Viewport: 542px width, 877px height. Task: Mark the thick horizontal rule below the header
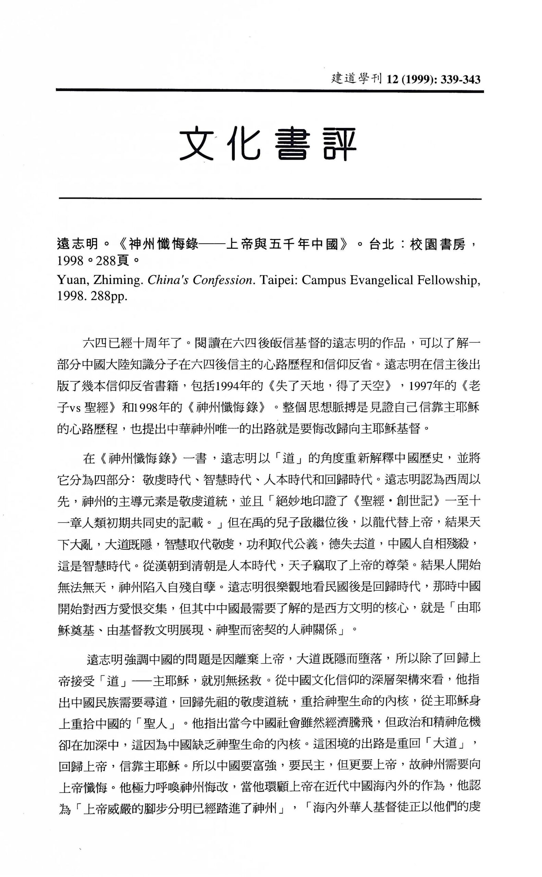tap(269, 91)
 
